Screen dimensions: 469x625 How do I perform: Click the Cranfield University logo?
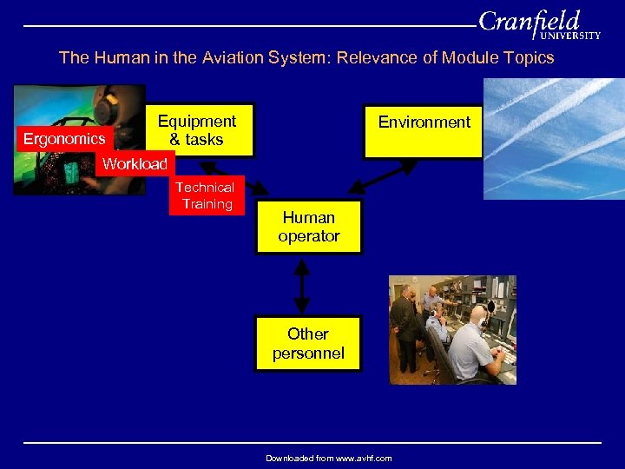pos(538,23)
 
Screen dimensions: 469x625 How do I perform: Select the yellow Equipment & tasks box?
pos(197,131)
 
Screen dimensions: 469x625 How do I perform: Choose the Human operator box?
pos(308,227)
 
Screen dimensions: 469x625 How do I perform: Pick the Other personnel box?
pos(308,343)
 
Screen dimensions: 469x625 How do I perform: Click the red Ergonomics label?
pos(64,139)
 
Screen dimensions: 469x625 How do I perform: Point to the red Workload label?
pos(135,163)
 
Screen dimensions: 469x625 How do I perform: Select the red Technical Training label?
pos(206,195)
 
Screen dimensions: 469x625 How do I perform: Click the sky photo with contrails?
pos(553,139)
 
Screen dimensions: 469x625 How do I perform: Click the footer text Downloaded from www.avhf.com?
pos(328,458)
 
